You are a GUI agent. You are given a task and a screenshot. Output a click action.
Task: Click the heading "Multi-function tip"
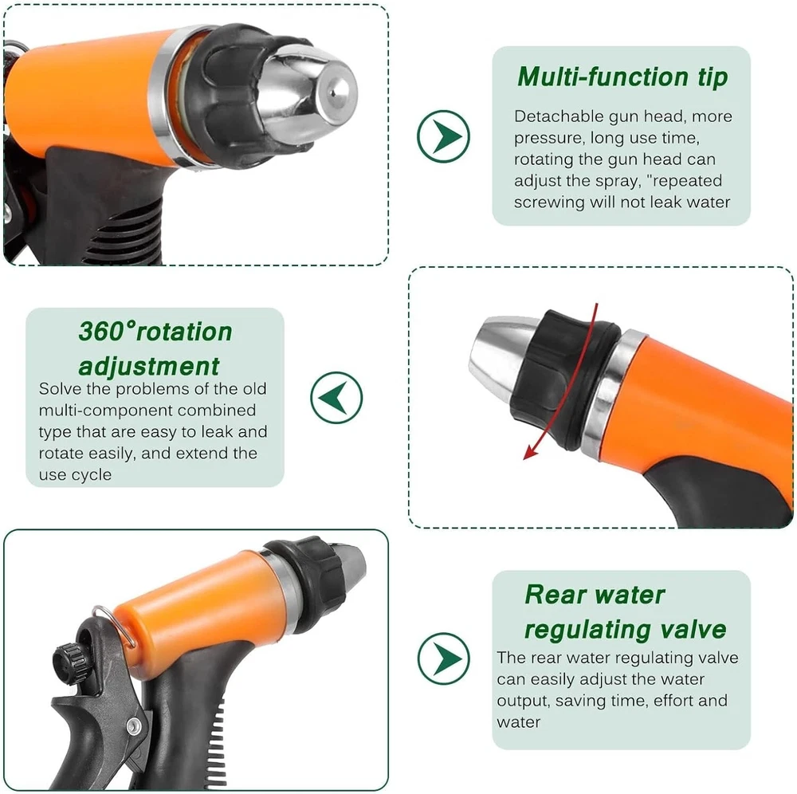tap(622, 77)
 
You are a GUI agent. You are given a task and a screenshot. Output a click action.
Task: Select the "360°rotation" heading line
tap(155, 332)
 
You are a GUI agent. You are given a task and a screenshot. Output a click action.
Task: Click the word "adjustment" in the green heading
tap(149, 367)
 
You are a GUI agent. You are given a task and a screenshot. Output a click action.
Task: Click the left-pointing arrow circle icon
tap(336, 398)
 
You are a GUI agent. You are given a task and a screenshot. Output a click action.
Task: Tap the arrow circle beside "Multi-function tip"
tap(443, 136)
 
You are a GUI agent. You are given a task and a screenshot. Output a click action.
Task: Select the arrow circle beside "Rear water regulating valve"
tap(444, 658)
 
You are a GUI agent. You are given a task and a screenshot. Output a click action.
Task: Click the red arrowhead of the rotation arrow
tap(531, 451)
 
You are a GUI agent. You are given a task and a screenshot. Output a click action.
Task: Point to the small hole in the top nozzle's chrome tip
tap(332, 93)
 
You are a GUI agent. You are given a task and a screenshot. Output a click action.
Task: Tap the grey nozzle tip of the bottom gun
tap(351, 564)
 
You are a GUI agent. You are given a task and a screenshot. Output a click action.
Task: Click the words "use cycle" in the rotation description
tap(75, 475)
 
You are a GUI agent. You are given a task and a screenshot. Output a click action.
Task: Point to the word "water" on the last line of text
tap(519, 722)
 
